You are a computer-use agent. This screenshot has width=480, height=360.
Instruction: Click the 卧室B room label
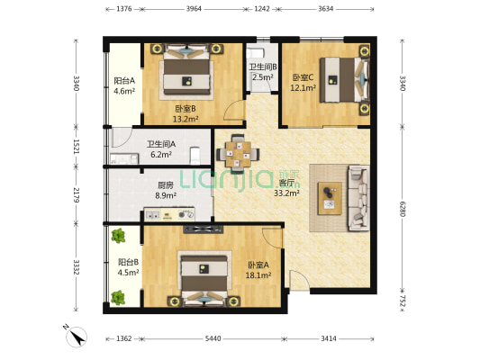coord(186,109)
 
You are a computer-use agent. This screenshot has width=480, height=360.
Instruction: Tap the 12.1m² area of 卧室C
coord(303,88)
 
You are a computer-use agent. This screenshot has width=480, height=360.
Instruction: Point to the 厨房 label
coord(166,185)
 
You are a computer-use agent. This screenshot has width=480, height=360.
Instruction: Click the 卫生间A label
coord(161,144)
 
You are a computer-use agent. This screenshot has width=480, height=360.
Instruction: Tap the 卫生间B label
coord(263,67)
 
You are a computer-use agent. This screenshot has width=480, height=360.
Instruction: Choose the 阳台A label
coord(124,81)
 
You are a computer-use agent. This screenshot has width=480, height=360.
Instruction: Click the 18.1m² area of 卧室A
coord(258,275)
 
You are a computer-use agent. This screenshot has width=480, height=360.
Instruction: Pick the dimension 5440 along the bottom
coord(213,338)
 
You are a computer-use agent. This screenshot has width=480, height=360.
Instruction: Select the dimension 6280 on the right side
coord(403,209)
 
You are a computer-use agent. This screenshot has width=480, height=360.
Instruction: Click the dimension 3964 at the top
coord(194,9)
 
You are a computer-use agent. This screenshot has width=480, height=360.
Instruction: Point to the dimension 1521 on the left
coord(77,147)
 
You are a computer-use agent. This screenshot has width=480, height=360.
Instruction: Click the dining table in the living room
coord(238,154)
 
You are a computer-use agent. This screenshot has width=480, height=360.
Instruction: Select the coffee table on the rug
coord(330,199)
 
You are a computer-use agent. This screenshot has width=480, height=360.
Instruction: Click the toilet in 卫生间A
coord(195,155)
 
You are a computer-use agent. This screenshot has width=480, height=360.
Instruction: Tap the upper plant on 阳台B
coord(118,236)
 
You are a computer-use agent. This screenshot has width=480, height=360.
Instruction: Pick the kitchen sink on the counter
coord(152,215)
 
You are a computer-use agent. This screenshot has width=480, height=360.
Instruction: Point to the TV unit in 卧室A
coord(203,229)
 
